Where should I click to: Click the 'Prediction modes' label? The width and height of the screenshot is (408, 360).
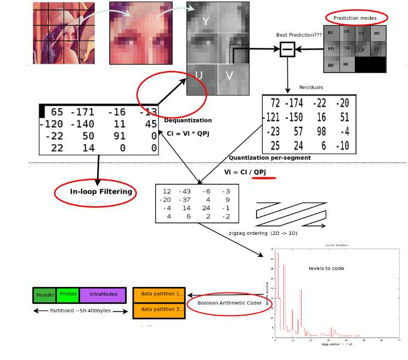355,18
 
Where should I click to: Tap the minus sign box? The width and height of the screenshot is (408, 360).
287,49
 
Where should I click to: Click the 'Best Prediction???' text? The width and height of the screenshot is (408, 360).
299,35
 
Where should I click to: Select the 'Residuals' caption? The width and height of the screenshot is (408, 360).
311,88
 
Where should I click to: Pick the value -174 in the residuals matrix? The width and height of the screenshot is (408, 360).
294,103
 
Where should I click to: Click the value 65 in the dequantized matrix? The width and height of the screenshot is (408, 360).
56,113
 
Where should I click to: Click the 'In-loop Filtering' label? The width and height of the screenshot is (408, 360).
101,192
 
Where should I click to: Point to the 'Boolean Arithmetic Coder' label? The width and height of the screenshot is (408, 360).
229,303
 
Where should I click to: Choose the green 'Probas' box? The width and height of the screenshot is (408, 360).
68,294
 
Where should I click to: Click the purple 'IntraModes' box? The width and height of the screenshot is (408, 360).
103,295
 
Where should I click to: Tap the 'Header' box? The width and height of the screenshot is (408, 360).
45,295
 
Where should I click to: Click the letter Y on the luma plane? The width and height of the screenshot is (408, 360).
206,21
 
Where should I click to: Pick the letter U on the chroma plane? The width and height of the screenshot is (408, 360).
199,76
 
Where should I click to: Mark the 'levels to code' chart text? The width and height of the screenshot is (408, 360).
326,268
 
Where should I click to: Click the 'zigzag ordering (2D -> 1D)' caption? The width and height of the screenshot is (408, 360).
263,233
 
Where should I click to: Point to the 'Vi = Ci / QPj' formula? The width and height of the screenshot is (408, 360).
245,172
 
